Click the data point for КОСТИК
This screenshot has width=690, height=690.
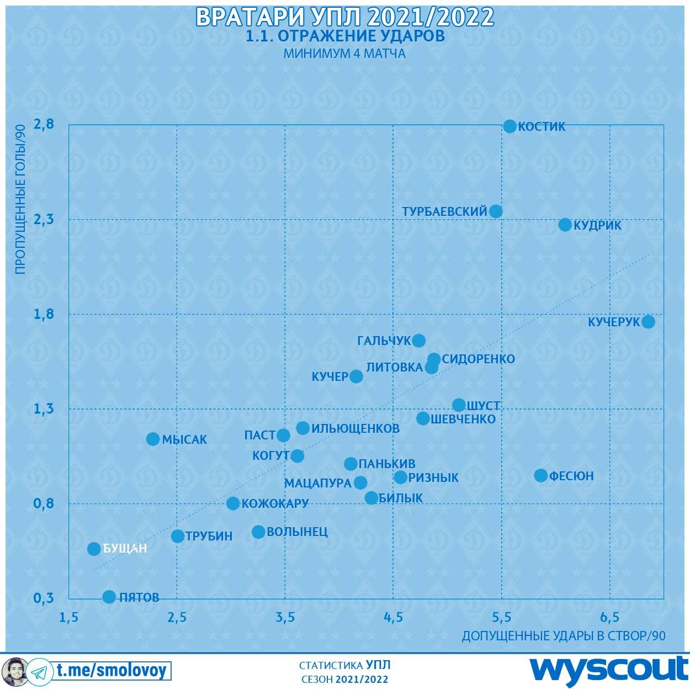(x=509, y=126)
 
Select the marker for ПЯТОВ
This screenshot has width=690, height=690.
(x=109, y=597)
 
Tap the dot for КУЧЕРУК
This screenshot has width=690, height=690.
(x=649, y=322)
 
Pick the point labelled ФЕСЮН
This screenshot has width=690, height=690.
(x=541, y=475)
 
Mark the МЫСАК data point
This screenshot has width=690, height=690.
(x=153, y=439)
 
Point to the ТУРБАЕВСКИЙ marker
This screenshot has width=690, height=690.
(x=496, y=211)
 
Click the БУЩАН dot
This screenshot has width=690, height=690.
(x=94, y=549)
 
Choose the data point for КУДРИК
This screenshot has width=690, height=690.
(x=565, y=225)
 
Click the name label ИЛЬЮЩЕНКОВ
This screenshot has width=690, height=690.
(x=355, y=428)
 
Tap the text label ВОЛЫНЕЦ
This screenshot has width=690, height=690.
(x=297, y=532)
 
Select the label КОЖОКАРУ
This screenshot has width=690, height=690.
(x=275, y=503)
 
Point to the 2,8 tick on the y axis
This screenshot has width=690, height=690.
(x=44, y=124)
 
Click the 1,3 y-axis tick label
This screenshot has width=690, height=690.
(x=44, y=408)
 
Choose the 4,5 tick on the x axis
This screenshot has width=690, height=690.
(x=393, y=617)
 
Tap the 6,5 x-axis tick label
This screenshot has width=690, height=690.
(x=609, y=617)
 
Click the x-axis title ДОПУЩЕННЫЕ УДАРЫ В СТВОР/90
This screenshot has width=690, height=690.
(x=563, y=636)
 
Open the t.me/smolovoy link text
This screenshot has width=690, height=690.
(x=111, y=670)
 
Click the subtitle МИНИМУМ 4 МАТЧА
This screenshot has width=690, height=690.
(x=344, y=54)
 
